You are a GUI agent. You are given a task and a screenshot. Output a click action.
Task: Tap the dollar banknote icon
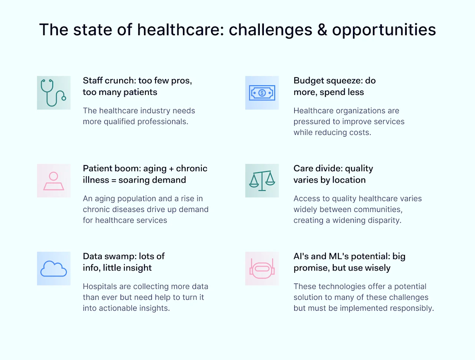coord(262,93)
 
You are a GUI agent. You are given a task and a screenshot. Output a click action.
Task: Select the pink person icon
coord(53,181)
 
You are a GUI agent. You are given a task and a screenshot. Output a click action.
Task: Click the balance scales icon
coord(262,181)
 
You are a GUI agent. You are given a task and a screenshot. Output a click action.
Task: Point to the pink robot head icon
coord(262,268)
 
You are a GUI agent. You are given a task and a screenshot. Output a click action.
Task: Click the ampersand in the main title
coord(322,30)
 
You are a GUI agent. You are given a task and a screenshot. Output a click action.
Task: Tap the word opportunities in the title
coord(384,30)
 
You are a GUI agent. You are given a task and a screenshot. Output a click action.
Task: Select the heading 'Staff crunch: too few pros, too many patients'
coord(137,86)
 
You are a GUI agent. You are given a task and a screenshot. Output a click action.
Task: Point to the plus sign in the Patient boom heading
coord(171,169)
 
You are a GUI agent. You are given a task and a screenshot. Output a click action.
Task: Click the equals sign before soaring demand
coord(114,180)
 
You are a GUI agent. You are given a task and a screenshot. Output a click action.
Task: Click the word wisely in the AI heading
coord(378,268)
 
